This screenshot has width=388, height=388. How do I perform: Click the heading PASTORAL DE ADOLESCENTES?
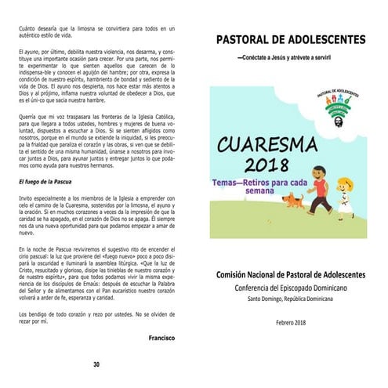pos(290,39)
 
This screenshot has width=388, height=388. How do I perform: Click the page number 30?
pos(96,364)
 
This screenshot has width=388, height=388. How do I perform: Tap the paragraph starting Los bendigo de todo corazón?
pos(94,318)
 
